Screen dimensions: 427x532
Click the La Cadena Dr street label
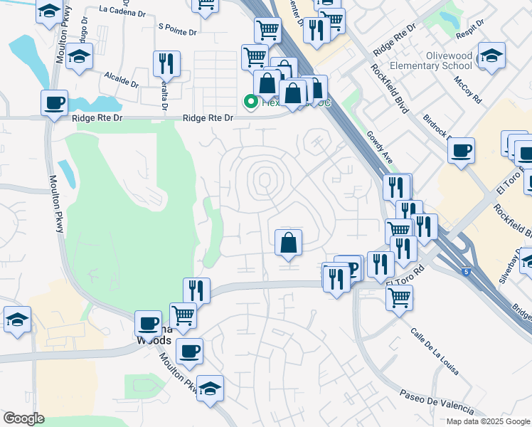coord(123,10)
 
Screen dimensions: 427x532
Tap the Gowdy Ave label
coord(381,147)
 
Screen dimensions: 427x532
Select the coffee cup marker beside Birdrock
coord(462,150)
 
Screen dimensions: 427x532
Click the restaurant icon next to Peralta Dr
coord(166,63)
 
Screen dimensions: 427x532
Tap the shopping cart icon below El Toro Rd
coord(399,297)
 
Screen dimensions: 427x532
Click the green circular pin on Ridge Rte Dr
coord(250,102)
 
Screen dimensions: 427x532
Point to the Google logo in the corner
coord(23,418)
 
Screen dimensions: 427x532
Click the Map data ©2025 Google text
coord(488,421)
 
